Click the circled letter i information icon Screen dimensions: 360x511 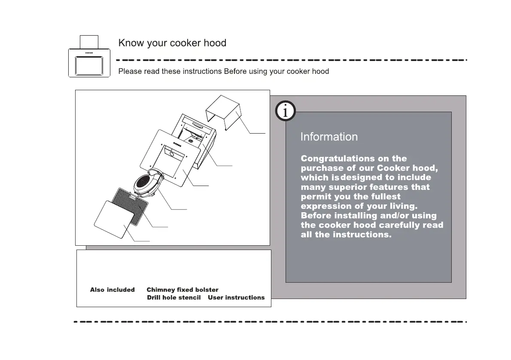285,112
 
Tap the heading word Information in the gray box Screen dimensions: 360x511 329,137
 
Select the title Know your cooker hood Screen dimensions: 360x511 172,43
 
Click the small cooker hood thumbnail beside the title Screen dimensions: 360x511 89,59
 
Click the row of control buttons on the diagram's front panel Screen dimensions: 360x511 177,144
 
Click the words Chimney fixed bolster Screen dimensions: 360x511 182,290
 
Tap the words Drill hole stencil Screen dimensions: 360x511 174,298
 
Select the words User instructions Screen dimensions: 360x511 236,298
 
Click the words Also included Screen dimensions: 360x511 112,290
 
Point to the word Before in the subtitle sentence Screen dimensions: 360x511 235,71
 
